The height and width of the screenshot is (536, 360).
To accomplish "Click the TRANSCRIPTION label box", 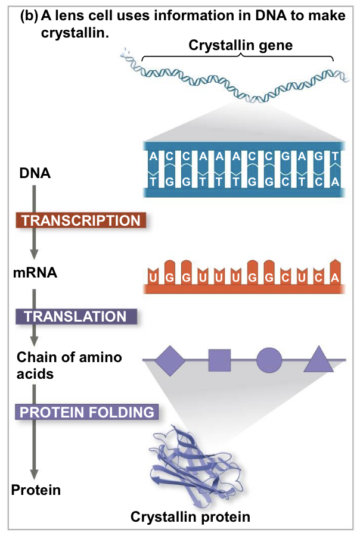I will (x=80, y=220).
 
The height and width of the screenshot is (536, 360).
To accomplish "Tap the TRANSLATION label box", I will (x=75, y=316).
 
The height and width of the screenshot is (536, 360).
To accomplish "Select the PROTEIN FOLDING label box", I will (x=87, y=412).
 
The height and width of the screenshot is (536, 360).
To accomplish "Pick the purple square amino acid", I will (x=219, y=360).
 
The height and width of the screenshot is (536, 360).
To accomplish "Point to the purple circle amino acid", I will (x=269, y=360).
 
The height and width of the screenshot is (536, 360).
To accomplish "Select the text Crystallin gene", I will (x=241, y=45).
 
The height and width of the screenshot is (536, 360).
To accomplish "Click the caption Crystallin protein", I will (x=190, y=516).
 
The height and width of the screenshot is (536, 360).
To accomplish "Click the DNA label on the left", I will (x=35, y=174).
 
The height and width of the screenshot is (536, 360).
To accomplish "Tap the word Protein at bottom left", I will (x=36, y=490).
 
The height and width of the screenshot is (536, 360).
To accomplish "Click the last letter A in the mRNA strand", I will (x=336, y=277).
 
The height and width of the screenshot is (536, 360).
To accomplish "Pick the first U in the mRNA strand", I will (x=153, y=277).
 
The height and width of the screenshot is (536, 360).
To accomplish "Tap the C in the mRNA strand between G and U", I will (x=286, y=277).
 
